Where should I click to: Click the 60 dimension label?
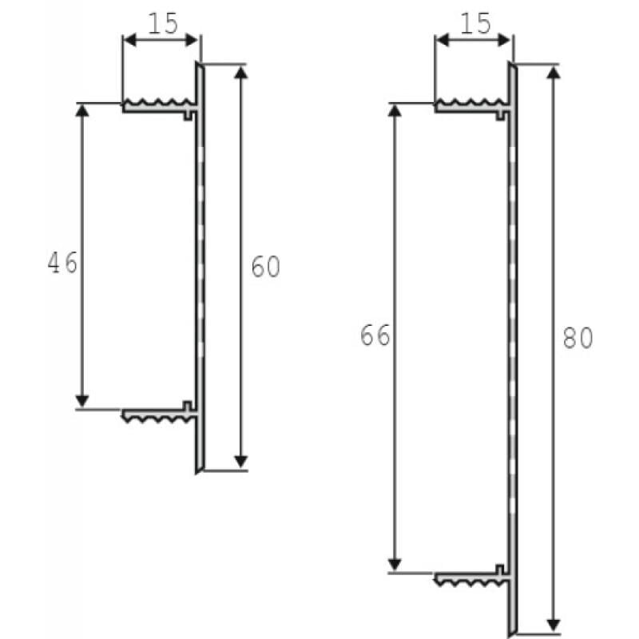click(x=265, y=267)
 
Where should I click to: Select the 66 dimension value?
click(x=375, y=336)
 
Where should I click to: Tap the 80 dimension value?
click(x=577, y=339)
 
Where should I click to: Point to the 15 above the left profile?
click(x=162, y=24)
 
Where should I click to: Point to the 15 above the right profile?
click(x=476, y=24)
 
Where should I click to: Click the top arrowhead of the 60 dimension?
click(x=241, y=71)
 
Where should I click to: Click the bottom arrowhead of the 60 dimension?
click(x=241, y=462)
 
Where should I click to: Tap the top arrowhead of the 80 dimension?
click(x=554, y=71)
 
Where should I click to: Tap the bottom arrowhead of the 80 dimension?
click(x=554, y=622)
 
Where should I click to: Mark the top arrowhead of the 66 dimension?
click(x=394, y=110)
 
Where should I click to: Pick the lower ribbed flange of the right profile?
click(x=470, y=577)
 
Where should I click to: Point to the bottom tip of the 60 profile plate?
click(x=198, y=470)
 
